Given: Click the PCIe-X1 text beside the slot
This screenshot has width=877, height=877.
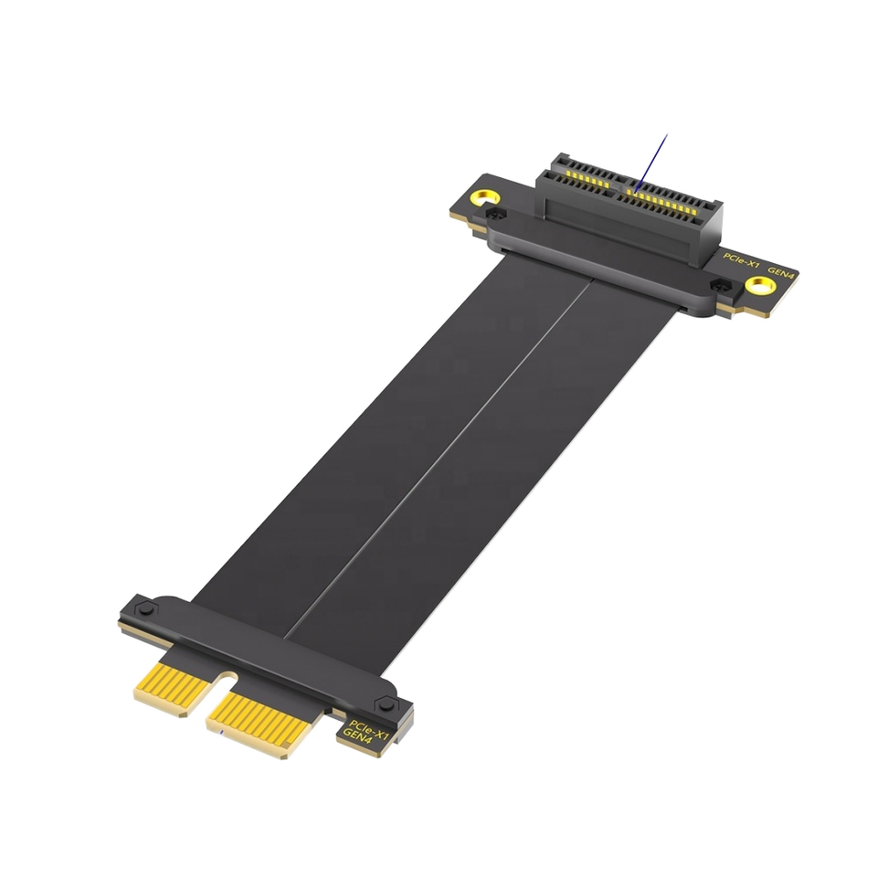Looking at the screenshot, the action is (x=741, y=260).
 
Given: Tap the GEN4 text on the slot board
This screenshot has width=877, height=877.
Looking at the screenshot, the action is (x=781, y=273).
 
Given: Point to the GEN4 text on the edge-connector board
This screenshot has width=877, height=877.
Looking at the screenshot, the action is (x=357, y=736).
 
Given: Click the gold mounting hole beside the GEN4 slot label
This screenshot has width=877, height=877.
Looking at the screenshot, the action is (x=761, y=286).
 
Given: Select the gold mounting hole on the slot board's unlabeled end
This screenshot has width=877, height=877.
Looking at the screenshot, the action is (x=485, y=198).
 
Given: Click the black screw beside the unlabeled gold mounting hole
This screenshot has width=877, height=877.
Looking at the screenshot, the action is (x=495, y=213).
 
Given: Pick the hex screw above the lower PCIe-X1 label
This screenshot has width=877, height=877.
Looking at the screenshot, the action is (x=386, y=704).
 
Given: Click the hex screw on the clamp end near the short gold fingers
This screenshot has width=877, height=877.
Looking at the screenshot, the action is (x=145, y=608).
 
